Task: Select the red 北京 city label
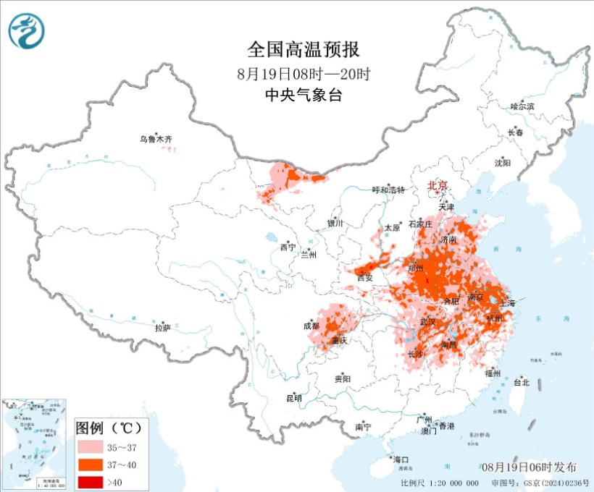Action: (x=438, y=185)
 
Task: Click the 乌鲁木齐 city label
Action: (x=157, y=139)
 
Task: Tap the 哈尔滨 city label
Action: (x=522, y=106)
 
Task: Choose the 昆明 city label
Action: (x=293, y=399)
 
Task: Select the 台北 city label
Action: (x=521, y=382)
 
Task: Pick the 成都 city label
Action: (x=312, y=326)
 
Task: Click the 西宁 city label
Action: (x=288, y=247)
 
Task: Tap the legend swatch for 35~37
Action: (x=91, y=446)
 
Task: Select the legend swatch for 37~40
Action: (x=91, y=464)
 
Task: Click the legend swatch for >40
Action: (x=91, y=480)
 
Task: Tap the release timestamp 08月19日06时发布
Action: (x=528, y=467)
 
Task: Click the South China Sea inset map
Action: (x=35, y=441)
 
